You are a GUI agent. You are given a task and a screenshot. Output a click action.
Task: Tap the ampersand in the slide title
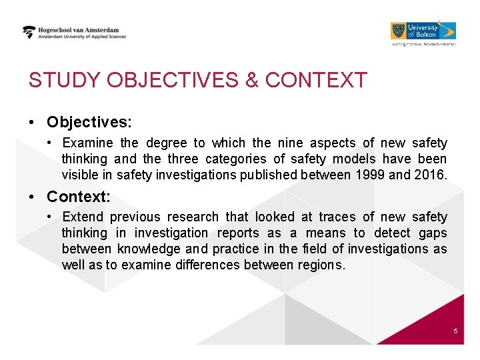click(x=252, y=81)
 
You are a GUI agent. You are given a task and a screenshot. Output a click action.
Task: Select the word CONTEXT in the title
click(x=316, y=81)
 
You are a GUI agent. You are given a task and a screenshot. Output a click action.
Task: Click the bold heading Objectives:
click(x=89, y=123)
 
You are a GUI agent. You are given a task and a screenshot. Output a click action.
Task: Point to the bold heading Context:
click(x=79, y=197)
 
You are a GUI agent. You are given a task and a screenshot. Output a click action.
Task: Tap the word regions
click(x=323, y=265)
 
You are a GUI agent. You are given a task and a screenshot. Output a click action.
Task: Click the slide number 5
click(x=455, y=331)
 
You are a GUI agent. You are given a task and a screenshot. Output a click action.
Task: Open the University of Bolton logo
click(x=423, y=31)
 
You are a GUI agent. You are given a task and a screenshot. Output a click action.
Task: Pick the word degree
click(x=167, y=143)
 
